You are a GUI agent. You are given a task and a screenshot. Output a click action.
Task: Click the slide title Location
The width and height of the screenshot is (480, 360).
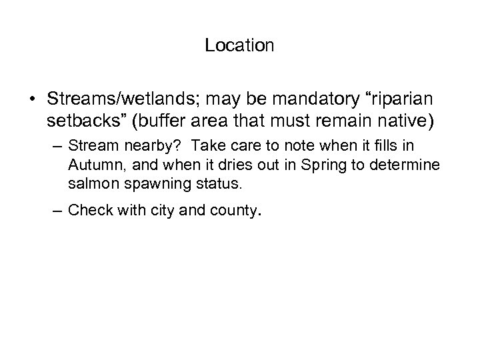(239, 45)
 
